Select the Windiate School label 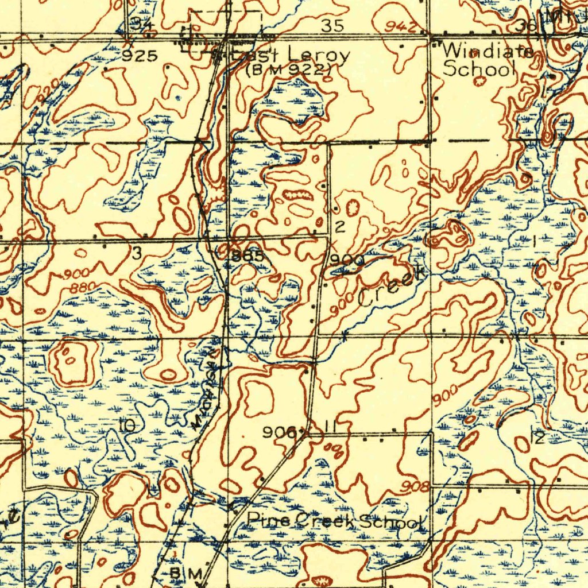coord(487,60)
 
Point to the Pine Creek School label coord(336,521)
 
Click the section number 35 coord(333,25)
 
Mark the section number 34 coord(140,24)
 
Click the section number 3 coord(137,254)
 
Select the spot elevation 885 coord(248,256)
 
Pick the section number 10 coord(127,425)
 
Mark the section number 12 coord(539,436)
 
